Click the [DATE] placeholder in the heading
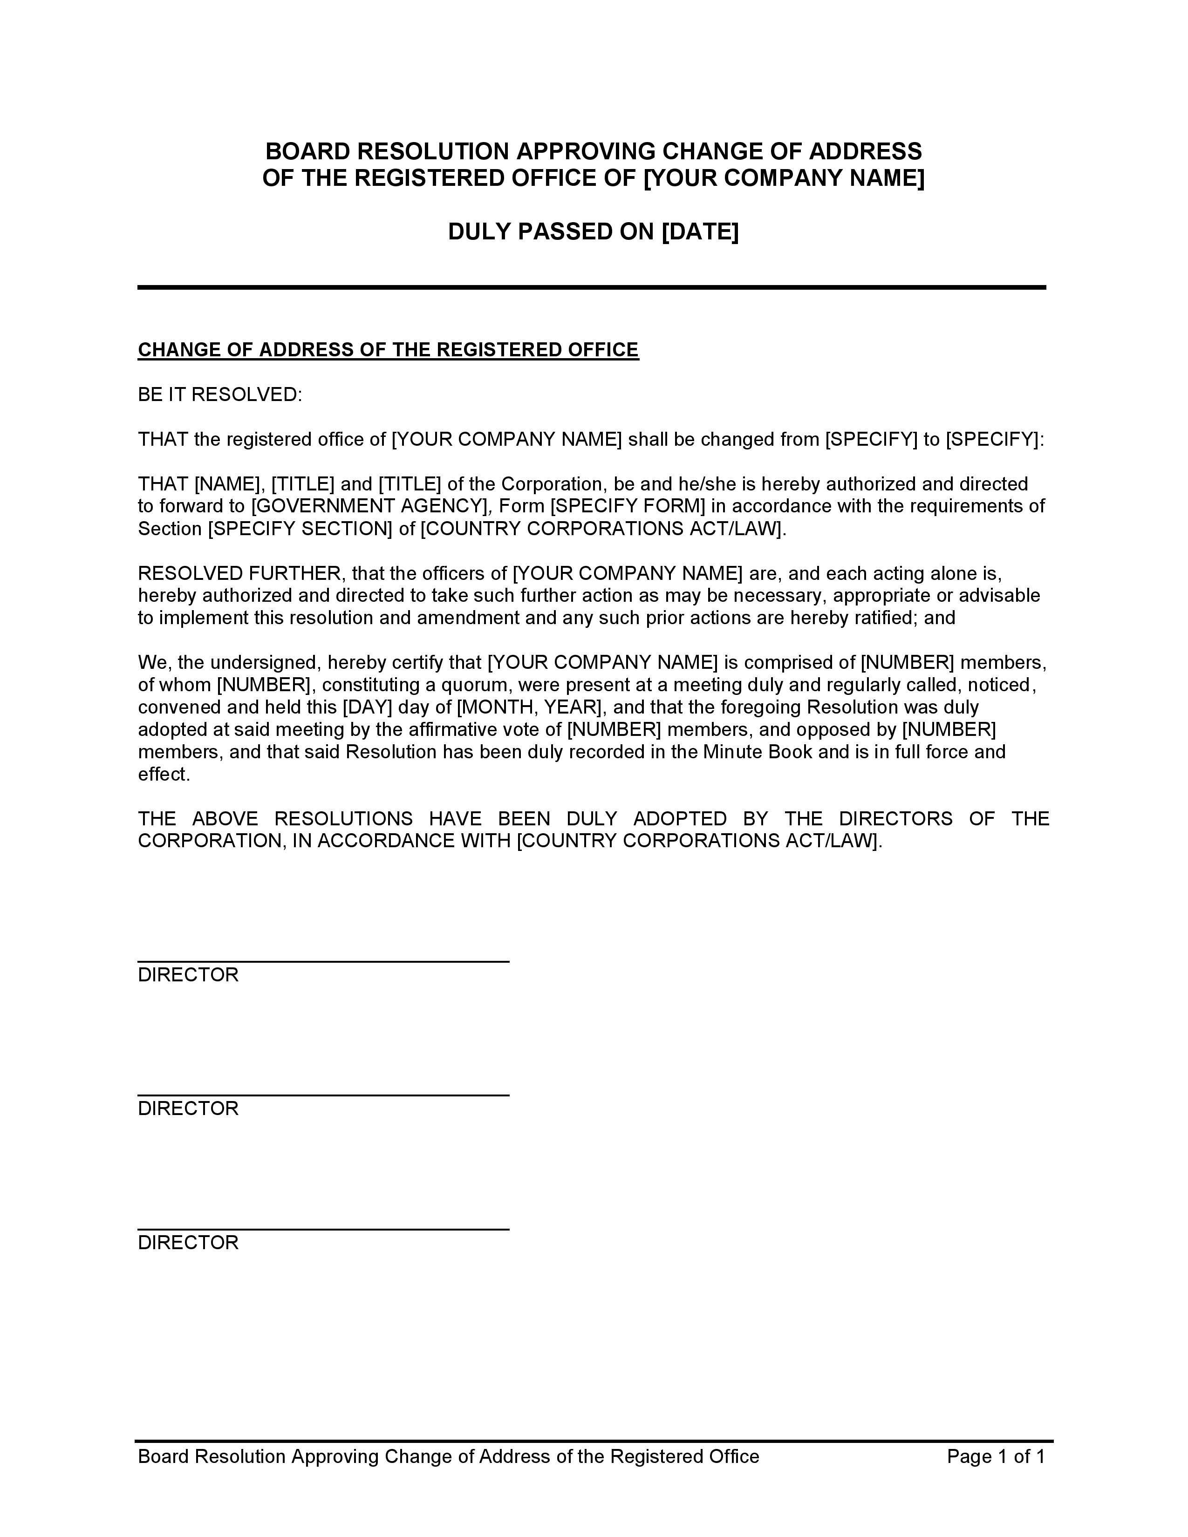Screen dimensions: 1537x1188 coord(700,231)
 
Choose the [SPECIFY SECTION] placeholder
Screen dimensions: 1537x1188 coord(300,529)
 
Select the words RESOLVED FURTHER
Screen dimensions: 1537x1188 coord(239,573)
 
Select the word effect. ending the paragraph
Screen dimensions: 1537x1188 coord(164,774)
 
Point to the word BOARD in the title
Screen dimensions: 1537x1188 coord(307,151)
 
